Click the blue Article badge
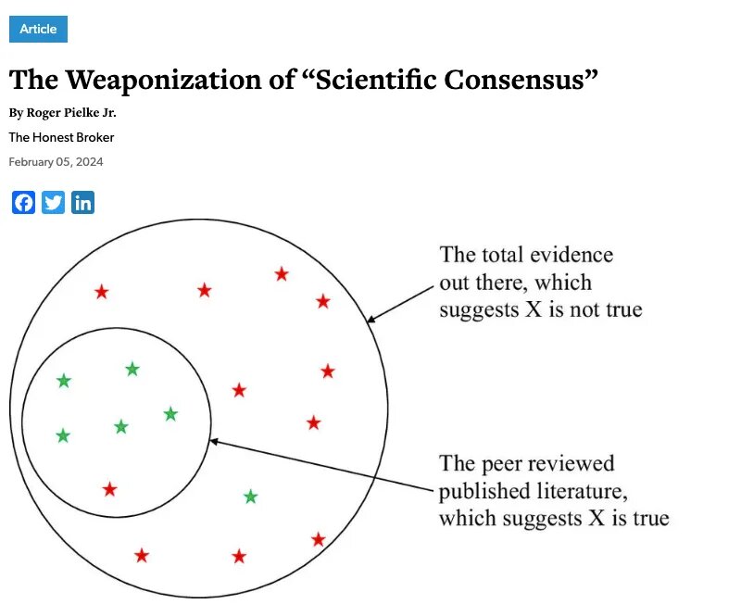tap(38, 29)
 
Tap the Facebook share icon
tap(24, 203)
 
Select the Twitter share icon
tap(54, 203)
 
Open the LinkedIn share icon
tap(83, 203)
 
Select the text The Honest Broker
tap(61, 137)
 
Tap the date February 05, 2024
tap(56, 162)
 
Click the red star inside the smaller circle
tap(110, 488)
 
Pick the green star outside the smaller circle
tap(250, 497)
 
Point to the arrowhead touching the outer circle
tap(371, 320)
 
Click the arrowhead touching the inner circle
tap(215, 442)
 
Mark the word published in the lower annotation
tap(483, 490)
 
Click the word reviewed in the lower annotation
tap(573, 463)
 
